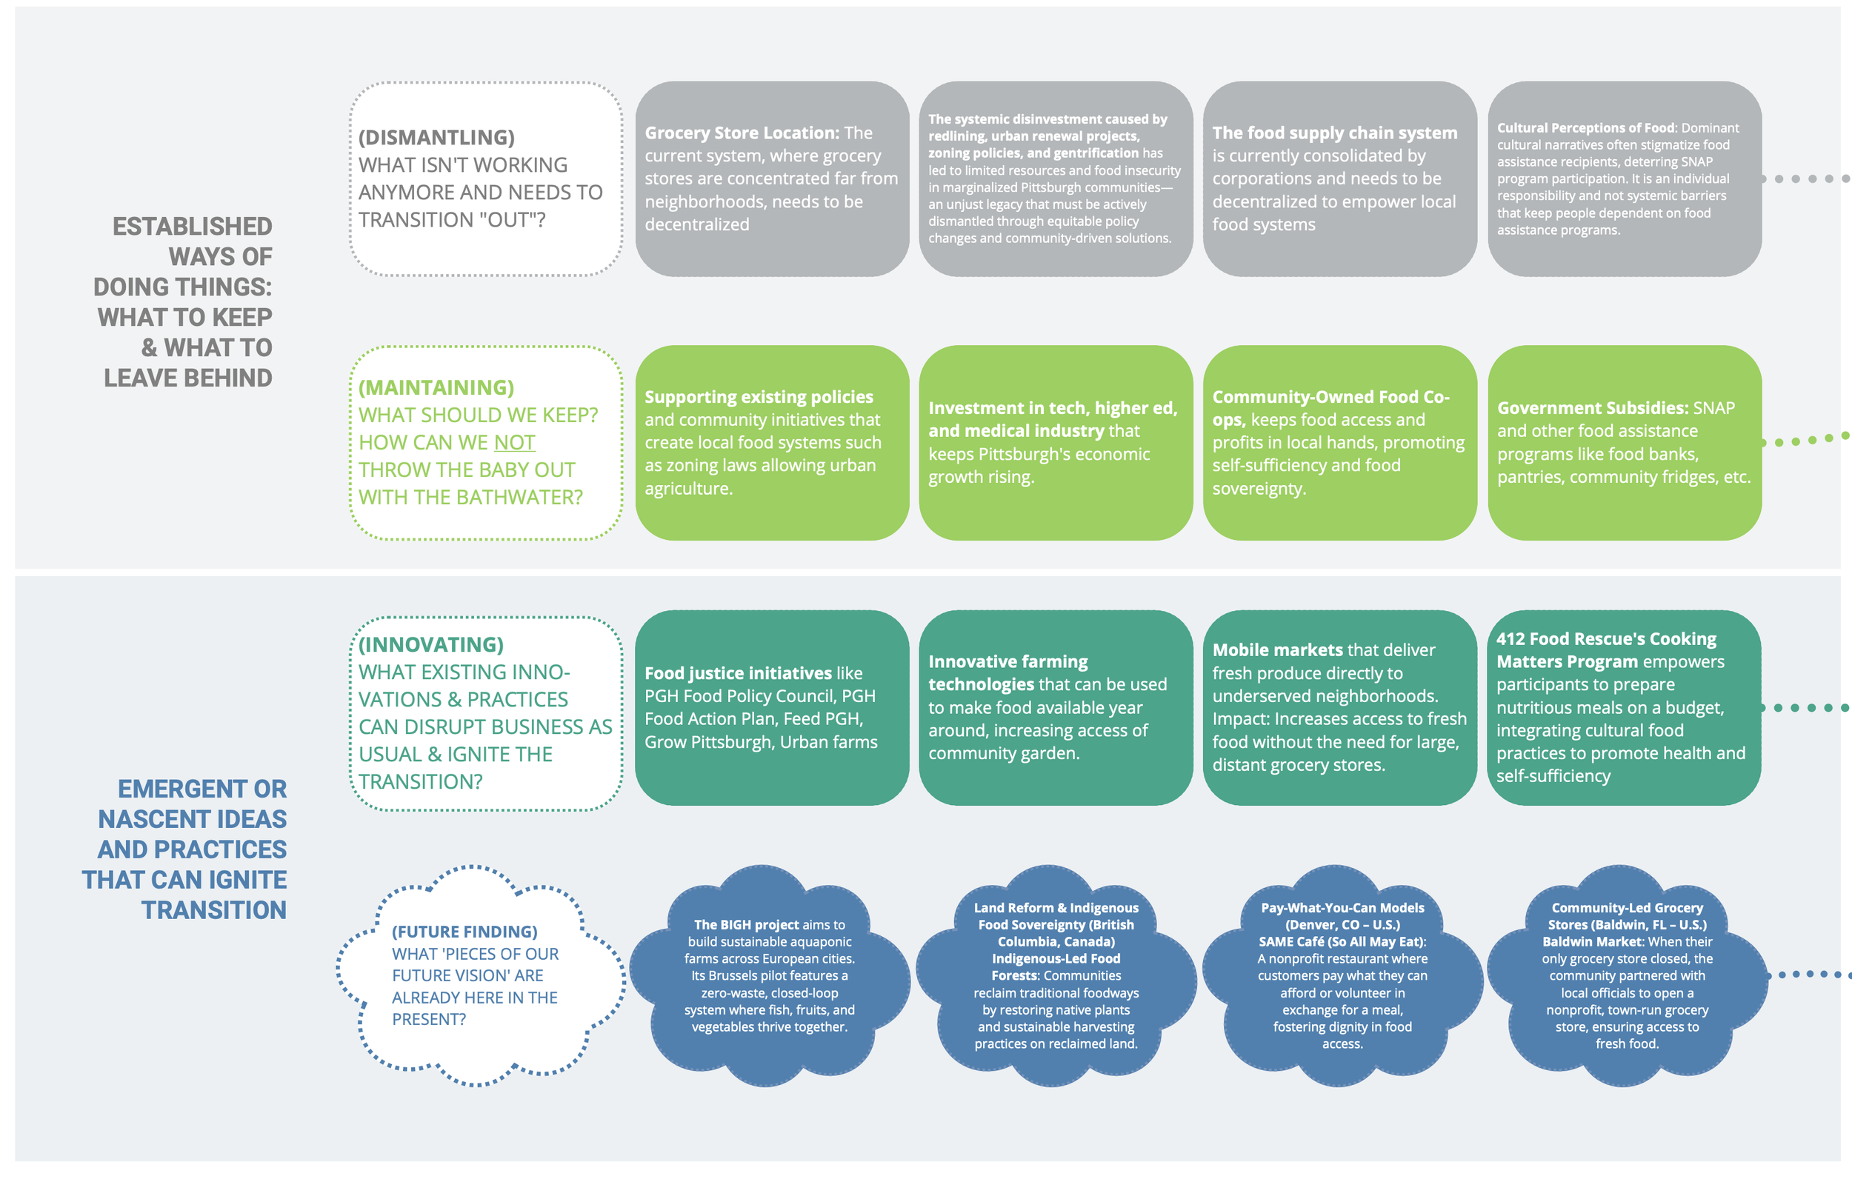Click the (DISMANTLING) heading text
[x=436, y=137]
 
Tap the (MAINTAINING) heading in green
[x=436, y=387]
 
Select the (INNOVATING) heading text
[x=430, y=644]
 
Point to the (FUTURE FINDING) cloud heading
[x=464, y=932]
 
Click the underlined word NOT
[x=515, y=442]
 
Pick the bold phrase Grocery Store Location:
[x=742, y=133]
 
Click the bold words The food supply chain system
[x=1334, y=133]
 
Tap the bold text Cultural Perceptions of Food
[x=1585, y=127]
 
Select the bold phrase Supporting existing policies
[x=759, y=397]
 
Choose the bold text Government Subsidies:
[x=1592, y=407]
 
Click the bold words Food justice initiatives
[x=738, y=673]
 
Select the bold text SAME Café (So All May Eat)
[x=1342, y=941]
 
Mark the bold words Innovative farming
[x=1007, y=661]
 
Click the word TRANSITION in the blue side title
[x=214, y=910]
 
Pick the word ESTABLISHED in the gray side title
[x=193, y=226]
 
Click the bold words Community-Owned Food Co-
[x=1330, y=397]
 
